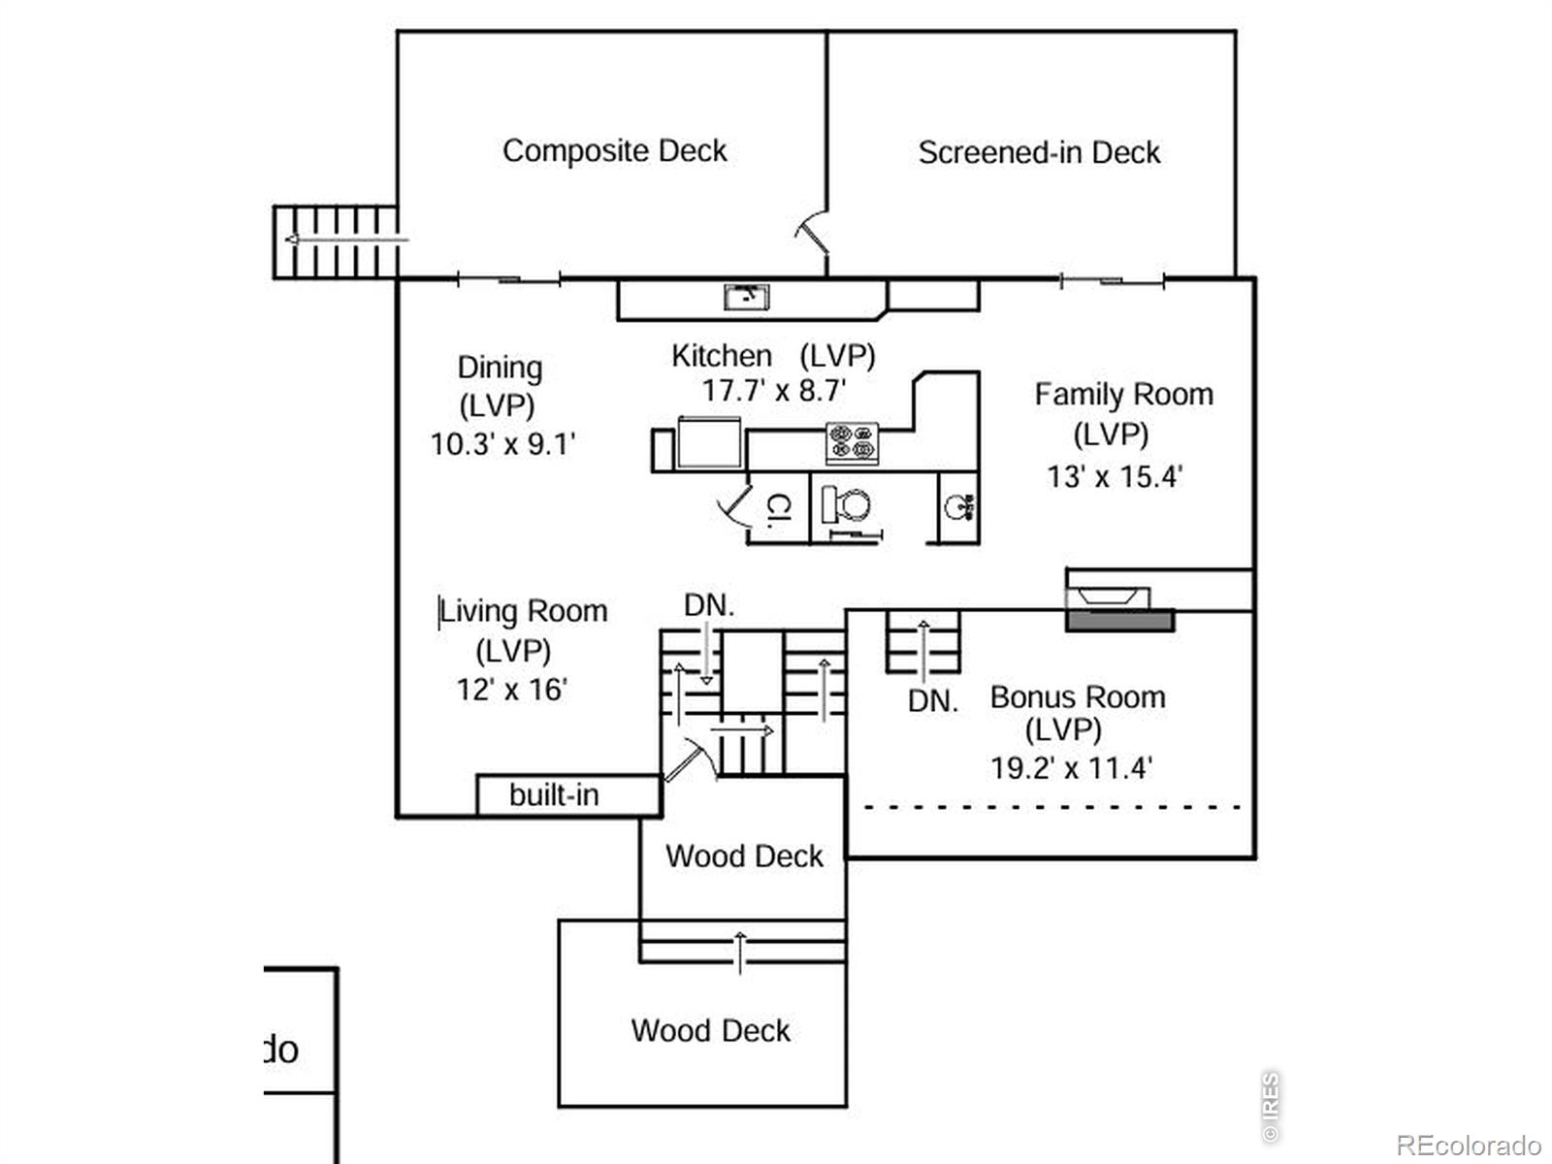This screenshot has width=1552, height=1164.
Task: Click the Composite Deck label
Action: [614, 151]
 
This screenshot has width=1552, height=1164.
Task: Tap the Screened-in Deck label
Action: [1039, 152]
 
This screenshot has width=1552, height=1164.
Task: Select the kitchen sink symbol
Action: [747, 296]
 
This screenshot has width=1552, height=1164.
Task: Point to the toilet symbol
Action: [846, 505]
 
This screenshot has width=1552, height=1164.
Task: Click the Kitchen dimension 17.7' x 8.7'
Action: [774, 391]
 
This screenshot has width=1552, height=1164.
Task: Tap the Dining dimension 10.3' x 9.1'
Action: [502, 444]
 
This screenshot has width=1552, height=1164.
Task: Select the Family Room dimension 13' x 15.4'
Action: [1115, 476]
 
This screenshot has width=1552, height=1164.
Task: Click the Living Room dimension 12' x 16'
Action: [512, 690]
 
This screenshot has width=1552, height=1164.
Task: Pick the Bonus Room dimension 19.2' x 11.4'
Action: [1071, 768]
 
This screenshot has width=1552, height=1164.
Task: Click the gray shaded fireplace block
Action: [1120, 621]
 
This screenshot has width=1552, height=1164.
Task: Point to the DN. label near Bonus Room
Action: [932, 701]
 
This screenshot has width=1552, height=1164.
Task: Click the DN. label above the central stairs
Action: [709, 605]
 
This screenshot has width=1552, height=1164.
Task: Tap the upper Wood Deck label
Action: [744, 857]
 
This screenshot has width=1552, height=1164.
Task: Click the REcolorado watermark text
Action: [1468, 1146]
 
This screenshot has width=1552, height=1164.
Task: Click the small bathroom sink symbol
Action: [957, 505]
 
